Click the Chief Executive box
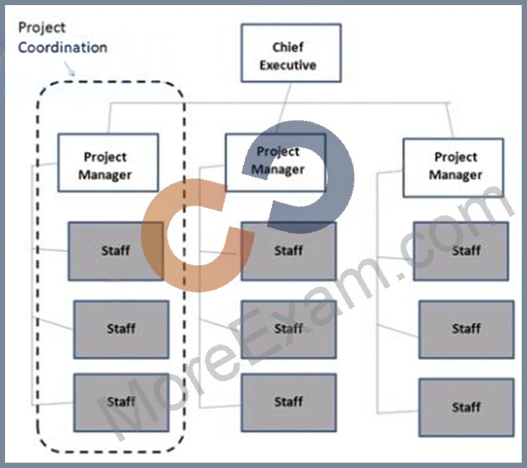pyautogui.click(x=291, y=53)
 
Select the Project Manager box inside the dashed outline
pyautogui.click(x=109, y=162)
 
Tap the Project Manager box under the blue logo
pyautogui.click(x=275, y=162)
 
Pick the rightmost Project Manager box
pyautogui.click(x=454, y=168)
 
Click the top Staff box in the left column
pyautogui.click(x=116, y=251)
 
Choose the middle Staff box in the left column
pyautogui.click(x=121, y=329)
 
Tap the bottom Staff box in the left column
pyautogui.click(x=121, y=402)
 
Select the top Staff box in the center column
pyautogui.click(x=289, y=251)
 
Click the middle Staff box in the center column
pyautogui.click(x=289, y=329)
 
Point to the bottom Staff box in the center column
pyautogui.click(x=289, y=402)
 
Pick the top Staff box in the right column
pyautogui.click(x=461, y=251)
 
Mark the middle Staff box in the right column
pyautogui.click(x=466, y=329)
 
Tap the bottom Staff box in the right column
pyautogui.click(x=466, y=407)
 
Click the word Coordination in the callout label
pyautogui.click(x=62, y=47)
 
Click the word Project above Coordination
pyautogui.click(x=42, y=28)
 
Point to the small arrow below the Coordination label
pyautogui.click(x=70, y=68)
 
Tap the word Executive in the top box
pyautogui.click(x=288, y=65)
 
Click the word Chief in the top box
pyautogui.click(x=288, y=47)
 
